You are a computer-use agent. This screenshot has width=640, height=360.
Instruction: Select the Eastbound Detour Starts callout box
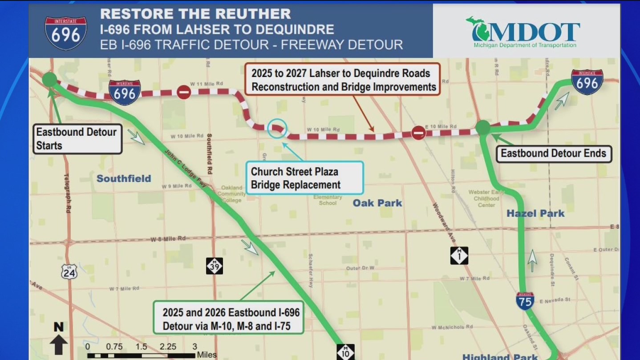point(77,139)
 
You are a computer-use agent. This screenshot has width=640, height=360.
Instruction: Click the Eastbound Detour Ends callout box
point(553,154)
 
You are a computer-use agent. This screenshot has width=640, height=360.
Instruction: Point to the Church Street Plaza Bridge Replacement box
point(304,178)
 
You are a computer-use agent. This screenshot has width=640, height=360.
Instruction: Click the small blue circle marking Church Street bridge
point(277,128)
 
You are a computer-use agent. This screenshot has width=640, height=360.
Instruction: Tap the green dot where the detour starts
point(49,80)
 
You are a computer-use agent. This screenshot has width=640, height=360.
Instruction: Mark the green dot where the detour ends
point(482,127)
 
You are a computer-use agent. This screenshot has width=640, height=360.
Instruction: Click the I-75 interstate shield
point(525,301)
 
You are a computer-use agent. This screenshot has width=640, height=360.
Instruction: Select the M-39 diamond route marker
point(214,266)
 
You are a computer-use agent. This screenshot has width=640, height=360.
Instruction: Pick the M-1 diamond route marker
point(459,255)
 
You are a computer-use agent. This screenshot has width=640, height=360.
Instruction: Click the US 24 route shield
point(69,271)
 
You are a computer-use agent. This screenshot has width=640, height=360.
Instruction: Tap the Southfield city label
point(124,178)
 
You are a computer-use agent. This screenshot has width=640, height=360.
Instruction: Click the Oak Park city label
point(377,203)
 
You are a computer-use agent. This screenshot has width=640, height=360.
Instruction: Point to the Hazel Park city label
point(535,214)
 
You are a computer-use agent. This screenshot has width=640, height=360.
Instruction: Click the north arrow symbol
point(59,339)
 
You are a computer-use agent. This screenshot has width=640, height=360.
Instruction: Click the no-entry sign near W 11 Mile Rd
point(184,92)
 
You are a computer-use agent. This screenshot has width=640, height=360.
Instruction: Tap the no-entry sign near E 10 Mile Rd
point(418,132)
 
